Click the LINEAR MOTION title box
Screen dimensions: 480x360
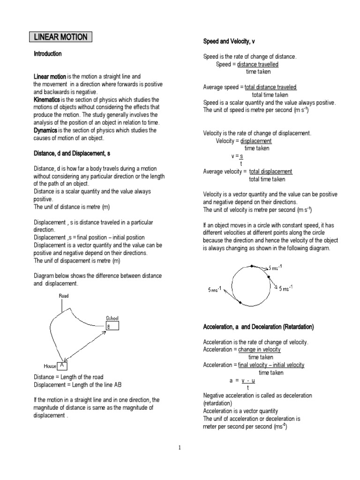coord(61,37)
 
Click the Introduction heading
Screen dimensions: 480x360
coord(47,54)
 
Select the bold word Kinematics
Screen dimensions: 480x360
coord(50,100)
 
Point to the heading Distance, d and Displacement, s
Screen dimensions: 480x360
coord(72,153)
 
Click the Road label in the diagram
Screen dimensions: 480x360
coord(63,296)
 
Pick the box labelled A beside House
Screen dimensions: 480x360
coord(63,365)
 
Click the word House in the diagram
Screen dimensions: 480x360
coord(50,366)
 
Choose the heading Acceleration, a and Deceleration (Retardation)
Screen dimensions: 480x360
coord(258,326)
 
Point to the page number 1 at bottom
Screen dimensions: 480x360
coord(180,448)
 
